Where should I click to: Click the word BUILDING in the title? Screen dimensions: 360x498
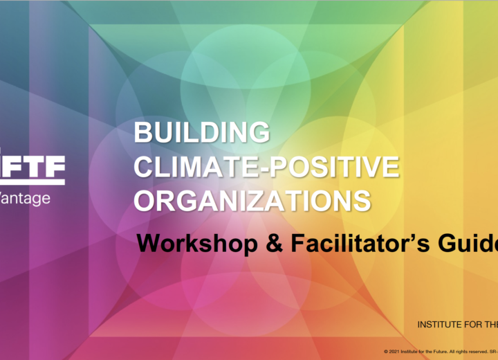pos(201,132)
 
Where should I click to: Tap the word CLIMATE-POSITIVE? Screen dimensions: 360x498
pos(266,166)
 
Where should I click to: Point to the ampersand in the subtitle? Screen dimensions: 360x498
pos(252,244)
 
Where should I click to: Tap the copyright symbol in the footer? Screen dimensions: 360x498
pos(386,351)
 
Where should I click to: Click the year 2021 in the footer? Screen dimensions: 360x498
pos(394,351)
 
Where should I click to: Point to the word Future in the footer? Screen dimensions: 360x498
pos(440,351)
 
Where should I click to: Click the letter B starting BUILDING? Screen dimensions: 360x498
pos(142,132)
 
